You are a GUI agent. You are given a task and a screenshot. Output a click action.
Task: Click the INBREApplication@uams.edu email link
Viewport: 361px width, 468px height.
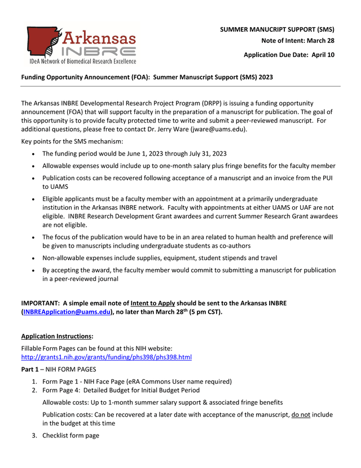pos(67,311)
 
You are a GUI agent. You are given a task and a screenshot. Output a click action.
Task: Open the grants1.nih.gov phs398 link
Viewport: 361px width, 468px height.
pos(106,357)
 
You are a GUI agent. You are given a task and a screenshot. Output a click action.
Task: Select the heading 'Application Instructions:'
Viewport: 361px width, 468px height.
pos(57,336)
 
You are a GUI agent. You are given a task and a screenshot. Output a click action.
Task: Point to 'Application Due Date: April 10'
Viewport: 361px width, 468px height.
pos(289,55)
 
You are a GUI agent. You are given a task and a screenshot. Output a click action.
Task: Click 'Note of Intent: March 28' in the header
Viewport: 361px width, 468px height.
pos(297,41)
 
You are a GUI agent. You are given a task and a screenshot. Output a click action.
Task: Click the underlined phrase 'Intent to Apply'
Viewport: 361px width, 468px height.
pos(152,303)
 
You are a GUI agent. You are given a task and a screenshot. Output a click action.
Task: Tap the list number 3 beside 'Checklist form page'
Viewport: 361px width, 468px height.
pos(34,435)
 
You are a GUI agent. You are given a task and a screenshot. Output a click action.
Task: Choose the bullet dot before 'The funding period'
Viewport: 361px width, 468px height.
pos(35,154)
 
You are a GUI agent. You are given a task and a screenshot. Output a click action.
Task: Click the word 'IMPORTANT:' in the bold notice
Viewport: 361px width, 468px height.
pos(40,303)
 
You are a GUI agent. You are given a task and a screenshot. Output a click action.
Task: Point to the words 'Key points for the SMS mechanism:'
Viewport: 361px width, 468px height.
pos(72,141)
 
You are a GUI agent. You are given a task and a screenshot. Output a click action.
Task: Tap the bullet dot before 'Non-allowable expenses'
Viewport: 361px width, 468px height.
pos(35,258)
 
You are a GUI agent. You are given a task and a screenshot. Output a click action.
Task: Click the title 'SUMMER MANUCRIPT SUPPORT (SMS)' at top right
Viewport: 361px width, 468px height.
pos(277,29)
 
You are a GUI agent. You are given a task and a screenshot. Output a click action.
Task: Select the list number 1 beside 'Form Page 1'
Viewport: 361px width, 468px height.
pos(34,382)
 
